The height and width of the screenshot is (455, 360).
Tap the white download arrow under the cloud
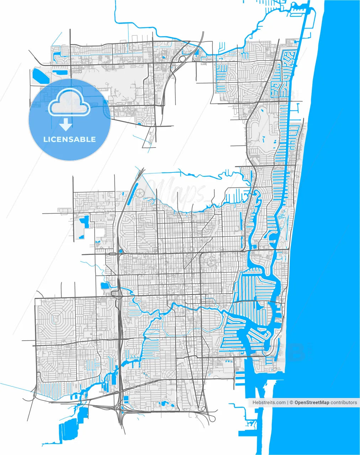[65, 124]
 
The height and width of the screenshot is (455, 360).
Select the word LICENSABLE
[69, 139]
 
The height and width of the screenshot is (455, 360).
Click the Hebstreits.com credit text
[269, 402]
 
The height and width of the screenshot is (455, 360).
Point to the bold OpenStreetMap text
[312, 402]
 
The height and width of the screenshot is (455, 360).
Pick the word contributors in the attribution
[344, 402]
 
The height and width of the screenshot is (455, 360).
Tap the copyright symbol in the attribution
[291, 402]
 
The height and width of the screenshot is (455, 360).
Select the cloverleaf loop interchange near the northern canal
[182, 58]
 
